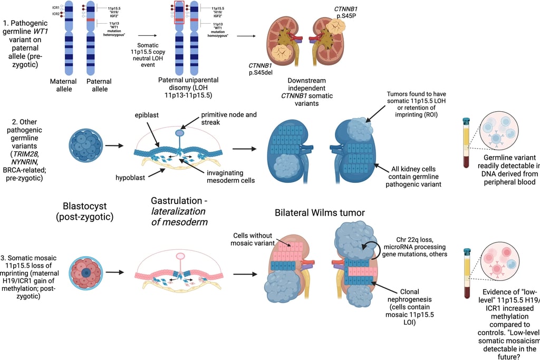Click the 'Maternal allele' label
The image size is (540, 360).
point(63,85)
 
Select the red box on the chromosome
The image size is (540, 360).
point(179,13)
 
